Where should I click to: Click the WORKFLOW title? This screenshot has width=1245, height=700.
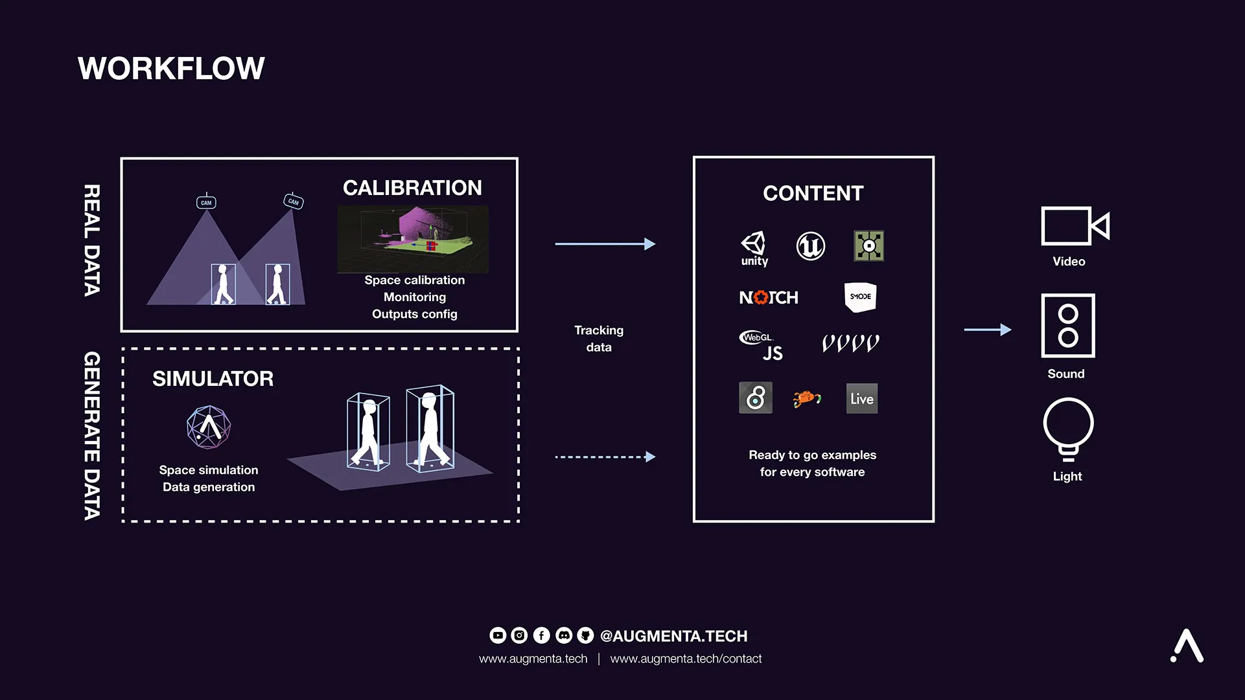click(171, 69)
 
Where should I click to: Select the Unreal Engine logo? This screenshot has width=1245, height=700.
click(810, 246)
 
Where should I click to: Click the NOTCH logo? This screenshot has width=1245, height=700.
click(769, 297)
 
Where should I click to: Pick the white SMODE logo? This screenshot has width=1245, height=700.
click(860, 297)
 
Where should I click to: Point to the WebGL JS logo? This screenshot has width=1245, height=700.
click(762, 345)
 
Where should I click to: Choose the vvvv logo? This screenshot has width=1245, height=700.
click(850, 343)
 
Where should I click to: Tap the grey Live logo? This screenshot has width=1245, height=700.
click(861, 398)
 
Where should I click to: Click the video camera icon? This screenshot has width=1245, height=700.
click(1075, 226)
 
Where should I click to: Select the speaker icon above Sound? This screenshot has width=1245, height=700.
click(1067, 326)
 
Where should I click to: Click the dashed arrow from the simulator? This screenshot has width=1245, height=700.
click(605, 457)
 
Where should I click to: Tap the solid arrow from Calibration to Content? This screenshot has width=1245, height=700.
click(605, 244)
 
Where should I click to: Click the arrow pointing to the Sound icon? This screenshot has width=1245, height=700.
click(987, 330)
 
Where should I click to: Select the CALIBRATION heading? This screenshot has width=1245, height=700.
click(412, 188)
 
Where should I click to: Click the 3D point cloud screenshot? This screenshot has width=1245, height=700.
click(413, 239)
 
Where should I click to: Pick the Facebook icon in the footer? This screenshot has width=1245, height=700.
click(541, 636)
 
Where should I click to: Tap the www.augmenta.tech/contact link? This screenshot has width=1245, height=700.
click(686, 659)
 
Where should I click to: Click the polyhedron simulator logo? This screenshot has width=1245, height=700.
click(209, 427)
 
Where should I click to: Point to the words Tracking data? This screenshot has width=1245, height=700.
click(599, 339)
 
